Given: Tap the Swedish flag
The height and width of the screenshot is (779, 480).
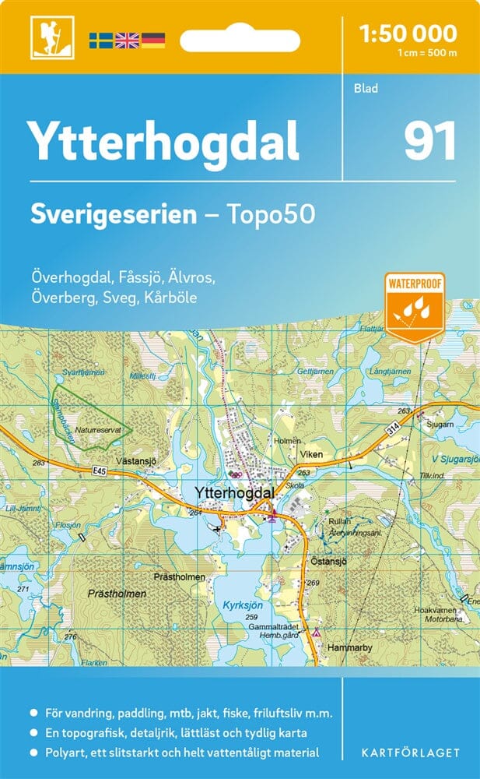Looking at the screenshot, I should pos(101,39).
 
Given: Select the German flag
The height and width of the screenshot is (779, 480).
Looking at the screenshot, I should pos(153,39).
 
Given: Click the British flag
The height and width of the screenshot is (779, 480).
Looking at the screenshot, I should pos(127,39).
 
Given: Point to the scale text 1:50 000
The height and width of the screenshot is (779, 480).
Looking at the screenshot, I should pos(408,33).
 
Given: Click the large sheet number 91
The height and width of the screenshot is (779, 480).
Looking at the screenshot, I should pos(429,142).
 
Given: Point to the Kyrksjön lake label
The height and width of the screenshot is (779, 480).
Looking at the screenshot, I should pos(240,604).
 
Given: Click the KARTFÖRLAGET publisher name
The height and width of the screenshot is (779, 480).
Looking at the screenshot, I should pos(410,753).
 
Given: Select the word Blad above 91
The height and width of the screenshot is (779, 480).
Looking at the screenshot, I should pos(366,88).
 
